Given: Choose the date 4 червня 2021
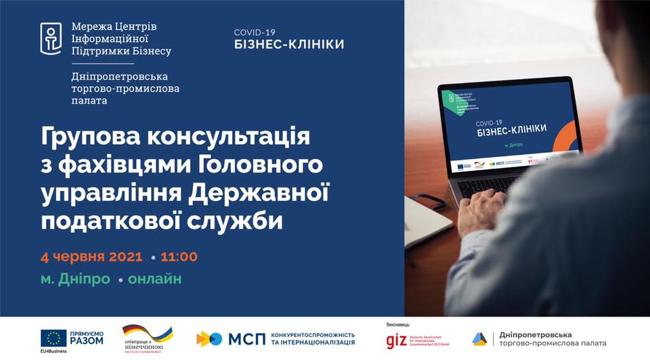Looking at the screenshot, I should click(92, 257).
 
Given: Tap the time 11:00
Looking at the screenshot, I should click(179, 257).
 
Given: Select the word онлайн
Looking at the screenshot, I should click(155, 279).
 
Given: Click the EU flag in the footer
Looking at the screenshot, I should click(53, 338).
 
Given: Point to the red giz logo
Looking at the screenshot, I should click(396, 340).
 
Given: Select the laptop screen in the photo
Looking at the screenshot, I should click(504, 128).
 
